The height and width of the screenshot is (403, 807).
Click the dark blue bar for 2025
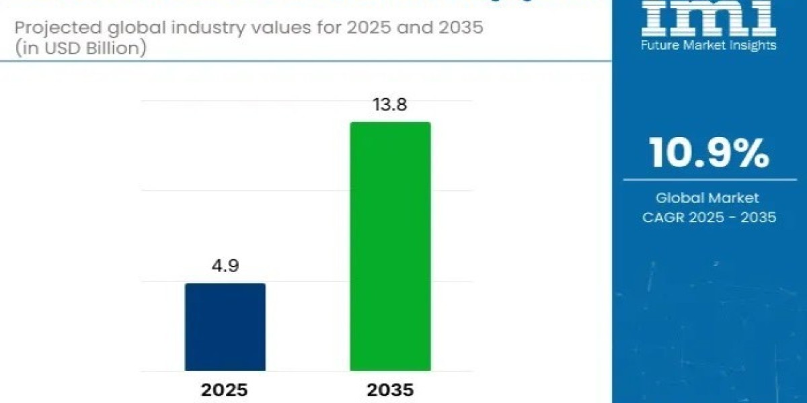[225, 326]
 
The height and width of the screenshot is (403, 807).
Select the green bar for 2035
[390, 246]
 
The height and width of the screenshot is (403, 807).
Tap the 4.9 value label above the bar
[225, 266]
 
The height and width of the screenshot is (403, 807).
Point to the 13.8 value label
[389, 105]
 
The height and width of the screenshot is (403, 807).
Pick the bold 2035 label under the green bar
[390, 390]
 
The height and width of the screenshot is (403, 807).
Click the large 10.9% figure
[709, 153]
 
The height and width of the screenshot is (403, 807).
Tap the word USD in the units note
[57, 49]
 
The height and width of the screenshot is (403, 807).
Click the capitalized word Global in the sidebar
[680, 198]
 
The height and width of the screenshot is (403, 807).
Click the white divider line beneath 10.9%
[709, 179]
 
